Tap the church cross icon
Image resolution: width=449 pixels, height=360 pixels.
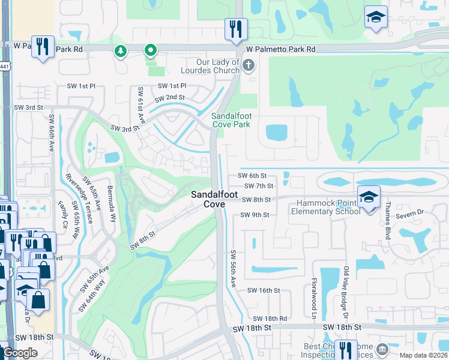tap(248, 65)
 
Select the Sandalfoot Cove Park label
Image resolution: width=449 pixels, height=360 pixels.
tap(231, 120)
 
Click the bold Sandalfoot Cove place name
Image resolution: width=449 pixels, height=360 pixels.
tap(208, 199)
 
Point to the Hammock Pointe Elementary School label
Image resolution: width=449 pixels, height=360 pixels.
tap(325, 208)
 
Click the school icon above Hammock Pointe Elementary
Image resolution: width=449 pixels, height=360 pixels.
tap(367, 196)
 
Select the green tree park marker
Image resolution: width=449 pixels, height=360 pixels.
tap(121, 51)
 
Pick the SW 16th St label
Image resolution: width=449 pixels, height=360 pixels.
tap(265, 290)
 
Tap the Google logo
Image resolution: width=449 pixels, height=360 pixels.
tap(20, 353)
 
